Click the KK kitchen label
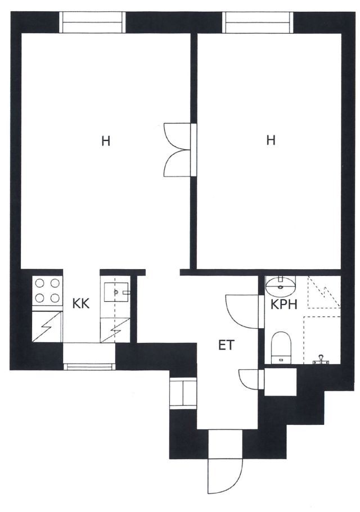coord(80,304)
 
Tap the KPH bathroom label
coord(284,305)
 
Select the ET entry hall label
coord(226,345)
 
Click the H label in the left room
coord(106,142)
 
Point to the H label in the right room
coord(271,140)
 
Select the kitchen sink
coord(116,292)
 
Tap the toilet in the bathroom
coord(281,347)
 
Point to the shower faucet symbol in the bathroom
coord(322,360)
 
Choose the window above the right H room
coord(258,22)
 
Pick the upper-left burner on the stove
coord(40,283)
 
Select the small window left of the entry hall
coord(183,393)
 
